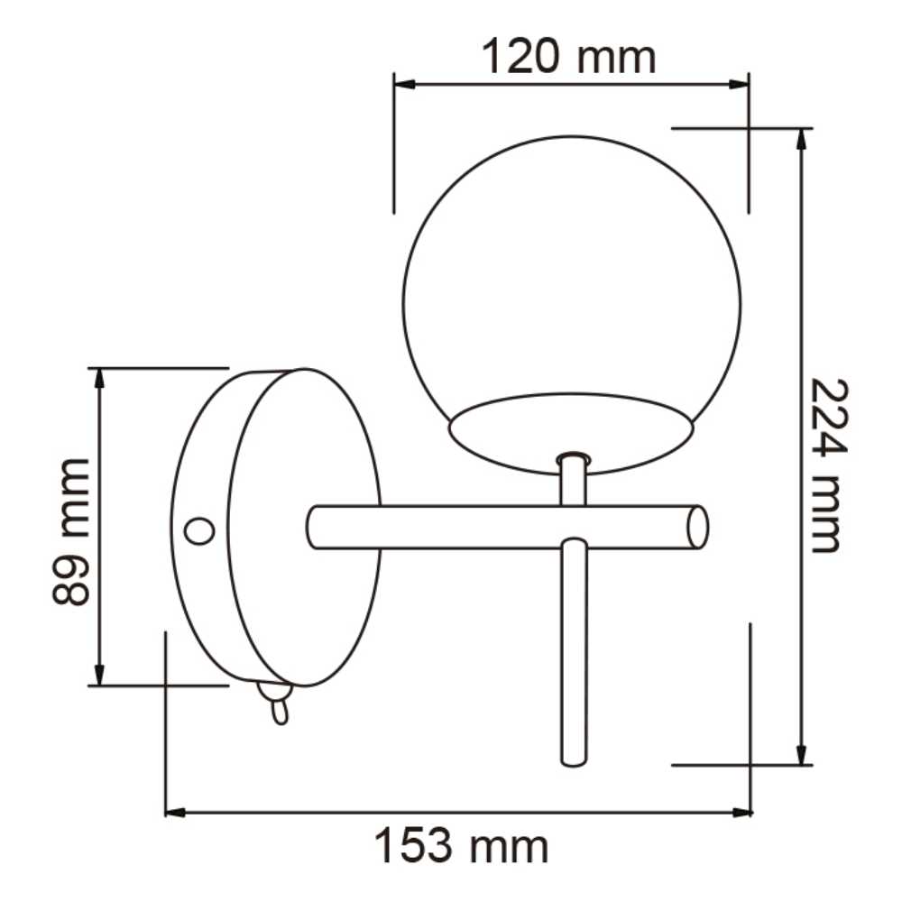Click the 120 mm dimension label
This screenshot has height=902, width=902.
pyautogui.click(x=568, y=58)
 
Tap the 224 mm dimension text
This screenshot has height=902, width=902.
pyautogui.click(x=824, y=465)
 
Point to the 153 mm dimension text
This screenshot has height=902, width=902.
pyautogui.click(x=461, y=847)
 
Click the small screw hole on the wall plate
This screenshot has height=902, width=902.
pyautogui.click(x=198, y=531)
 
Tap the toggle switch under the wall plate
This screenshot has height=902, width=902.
pyautogui.click(x=277, y=704)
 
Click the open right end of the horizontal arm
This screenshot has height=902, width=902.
pyautogui.click(x=697, y=528)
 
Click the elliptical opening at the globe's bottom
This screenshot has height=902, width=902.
pyautogui.click(x=572, y=434)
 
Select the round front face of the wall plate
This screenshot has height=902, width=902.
pyautogui.click(x=304, y=527)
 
